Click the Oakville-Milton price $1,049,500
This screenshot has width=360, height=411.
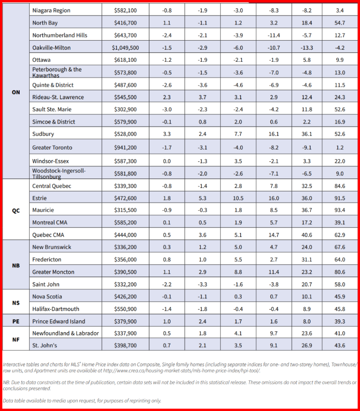pos(125,48)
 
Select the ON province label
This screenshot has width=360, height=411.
pos(16,92)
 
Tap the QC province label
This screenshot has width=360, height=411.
pos(16,210)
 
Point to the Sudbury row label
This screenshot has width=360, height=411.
pos(43,134)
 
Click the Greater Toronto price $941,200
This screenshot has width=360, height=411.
pos(125,148)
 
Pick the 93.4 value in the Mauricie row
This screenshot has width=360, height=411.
pos(340,210)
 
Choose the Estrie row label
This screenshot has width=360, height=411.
pos(39,198)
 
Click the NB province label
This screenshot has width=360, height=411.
pos(16,265)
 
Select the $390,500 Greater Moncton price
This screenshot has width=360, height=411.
pos(125,272)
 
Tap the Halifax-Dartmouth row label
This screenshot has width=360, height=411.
pos(56,309)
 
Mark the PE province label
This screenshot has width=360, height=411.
pos(16,321)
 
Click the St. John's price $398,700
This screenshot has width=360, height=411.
pos(125,345)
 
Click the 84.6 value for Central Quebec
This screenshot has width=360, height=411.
pos(340,186)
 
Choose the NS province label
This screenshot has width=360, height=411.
pos(16,303)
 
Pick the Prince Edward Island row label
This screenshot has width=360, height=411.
pos(59,321)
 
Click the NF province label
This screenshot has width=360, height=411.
pos(16,339)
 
